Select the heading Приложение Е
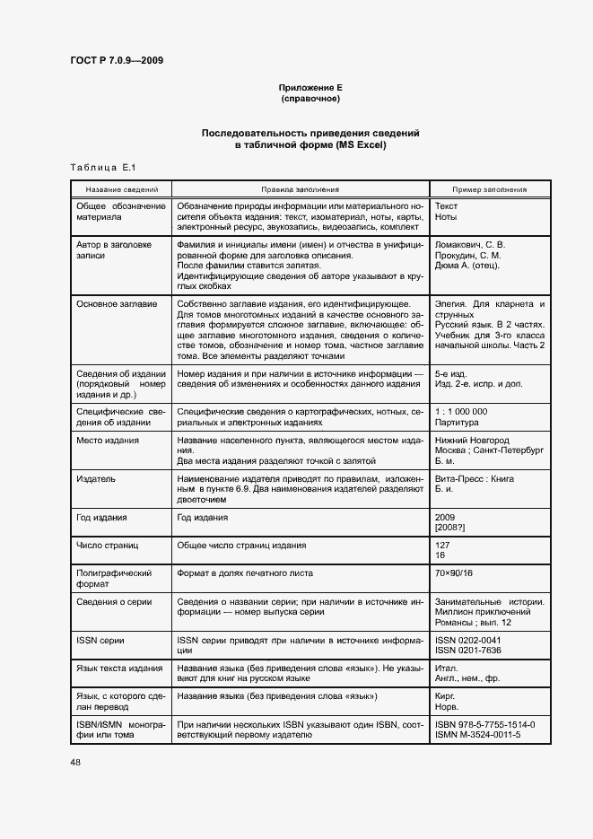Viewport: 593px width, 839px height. tap(310, 88)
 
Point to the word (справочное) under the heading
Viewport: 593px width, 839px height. tap(310, 98)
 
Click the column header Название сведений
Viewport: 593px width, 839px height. tap(122, 190)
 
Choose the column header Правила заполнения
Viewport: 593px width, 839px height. tap(300, 190)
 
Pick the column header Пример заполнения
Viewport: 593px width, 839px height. tap(489, 190)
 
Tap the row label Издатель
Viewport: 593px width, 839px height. tap(96, 479)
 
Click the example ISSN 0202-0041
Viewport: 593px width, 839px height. tap(467, 640)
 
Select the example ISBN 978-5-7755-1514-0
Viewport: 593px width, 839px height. tap(484, 724)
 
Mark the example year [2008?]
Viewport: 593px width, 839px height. tap(449, 527)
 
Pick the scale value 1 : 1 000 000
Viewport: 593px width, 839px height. tap(461, 411)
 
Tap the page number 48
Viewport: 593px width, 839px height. tap(74, 763)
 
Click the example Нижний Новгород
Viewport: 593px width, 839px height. tap(472, 441)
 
